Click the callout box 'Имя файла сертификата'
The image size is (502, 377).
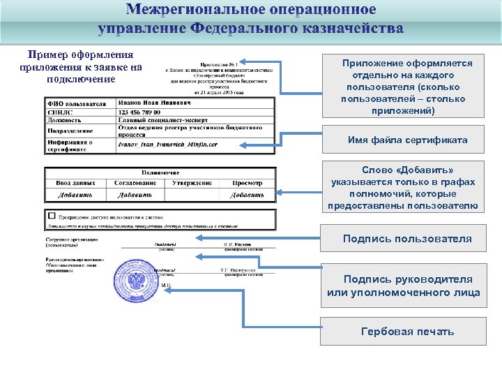coord(407,140)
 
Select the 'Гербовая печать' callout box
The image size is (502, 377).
coord(407,331)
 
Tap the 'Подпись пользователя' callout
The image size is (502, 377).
coord(407,239)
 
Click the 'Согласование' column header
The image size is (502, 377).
coord(137,183)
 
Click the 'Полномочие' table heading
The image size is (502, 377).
coord(160,172)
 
